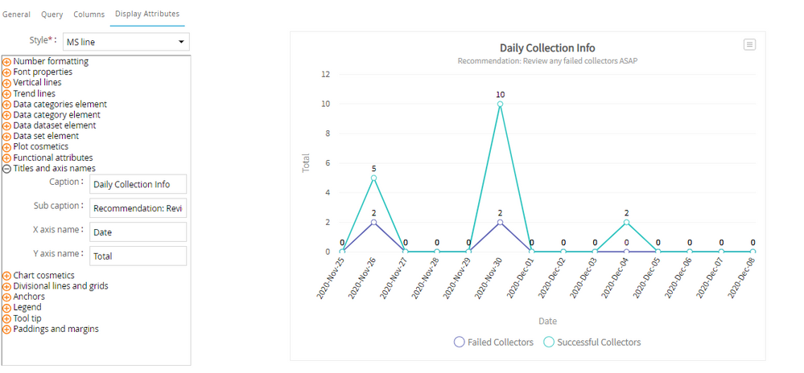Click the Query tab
click(52, 14)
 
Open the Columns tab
click(89, 14)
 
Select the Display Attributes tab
click(147, 14)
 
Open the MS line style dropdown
click(127, 42)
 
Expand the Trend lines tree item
click(34, 93)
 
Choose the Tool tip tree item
click(27, 318)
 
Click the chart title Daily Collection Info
click(547, 48)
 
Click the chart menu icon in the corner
click(749, 45)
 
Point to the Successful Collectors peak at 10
click(500, 104)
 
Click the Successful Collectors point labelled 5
click(373, 178)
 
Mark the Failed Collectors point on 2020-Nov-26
click(373, 222)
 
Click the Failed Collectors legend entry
click(493, 342)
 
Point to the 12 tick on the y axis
click(326, 75)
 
